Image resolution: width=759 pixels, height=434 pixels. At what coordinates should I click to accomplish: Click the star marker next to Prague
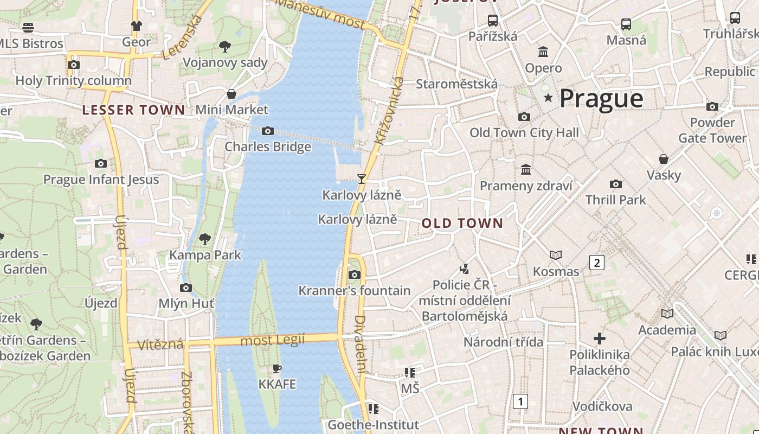click(x=548, y=98)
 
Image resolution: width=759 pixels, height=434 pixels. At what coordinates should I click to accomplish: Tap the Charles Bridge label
click(x=268, y=146)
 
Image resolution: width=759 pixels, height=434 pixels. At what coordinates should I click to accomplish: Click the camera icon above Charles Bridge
click(x=267, y=131)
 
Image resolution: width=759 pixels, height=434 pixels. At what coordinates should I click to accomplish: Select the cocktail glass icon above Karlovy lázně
click(x=361, y=178)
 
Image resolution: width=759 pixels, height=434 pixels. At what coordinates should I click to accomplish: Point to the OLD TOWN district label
click(x=462, y=224)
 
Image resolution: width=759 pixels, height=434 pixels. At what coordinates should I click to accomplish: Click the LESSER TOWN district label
click(x=133, y=110)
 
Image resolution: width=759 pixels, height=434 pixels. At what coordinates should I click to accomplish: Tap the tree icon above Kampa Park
click(x=205, y=239)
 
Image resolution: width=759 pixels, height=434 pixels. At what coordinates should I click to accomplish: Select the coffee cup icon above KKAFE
click(x=277, y=369)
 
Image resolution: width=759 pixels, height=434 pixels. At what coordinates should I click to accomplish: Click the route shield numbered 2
click(x=597, y=263)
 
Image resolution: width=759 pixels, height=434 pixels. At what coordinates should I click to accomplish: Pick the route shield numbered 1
click(x=520, y=401)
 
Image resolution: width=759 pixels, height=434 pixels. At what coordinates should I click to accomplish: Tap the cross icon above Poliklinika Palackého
click(x=599, y=339)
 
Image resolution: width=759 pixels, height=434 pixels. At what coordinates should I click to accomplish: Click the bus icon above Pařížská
click(x=492, y=21)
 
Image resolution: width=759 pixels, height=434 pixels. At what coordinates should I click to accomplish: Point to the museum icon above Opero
click(x=543, y=52)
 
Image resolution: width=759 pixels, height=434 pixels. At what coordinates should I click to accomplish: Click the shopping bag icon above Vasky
click(x=663, y=159)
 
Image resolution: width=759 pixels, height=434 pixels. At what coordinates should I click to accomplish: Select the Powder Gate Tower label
click(x=712, y=130)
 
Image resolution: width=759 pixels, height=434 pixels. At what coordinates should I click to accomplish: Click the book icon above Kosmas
click(x=556, y=255)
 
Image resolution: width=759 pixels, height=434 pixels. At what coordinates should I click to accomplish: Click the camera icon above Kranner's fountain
click(x=355, y=275)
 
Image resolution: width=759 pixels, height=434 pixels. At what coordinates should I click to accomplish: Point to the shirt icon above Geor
click(x=136, y=25)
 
